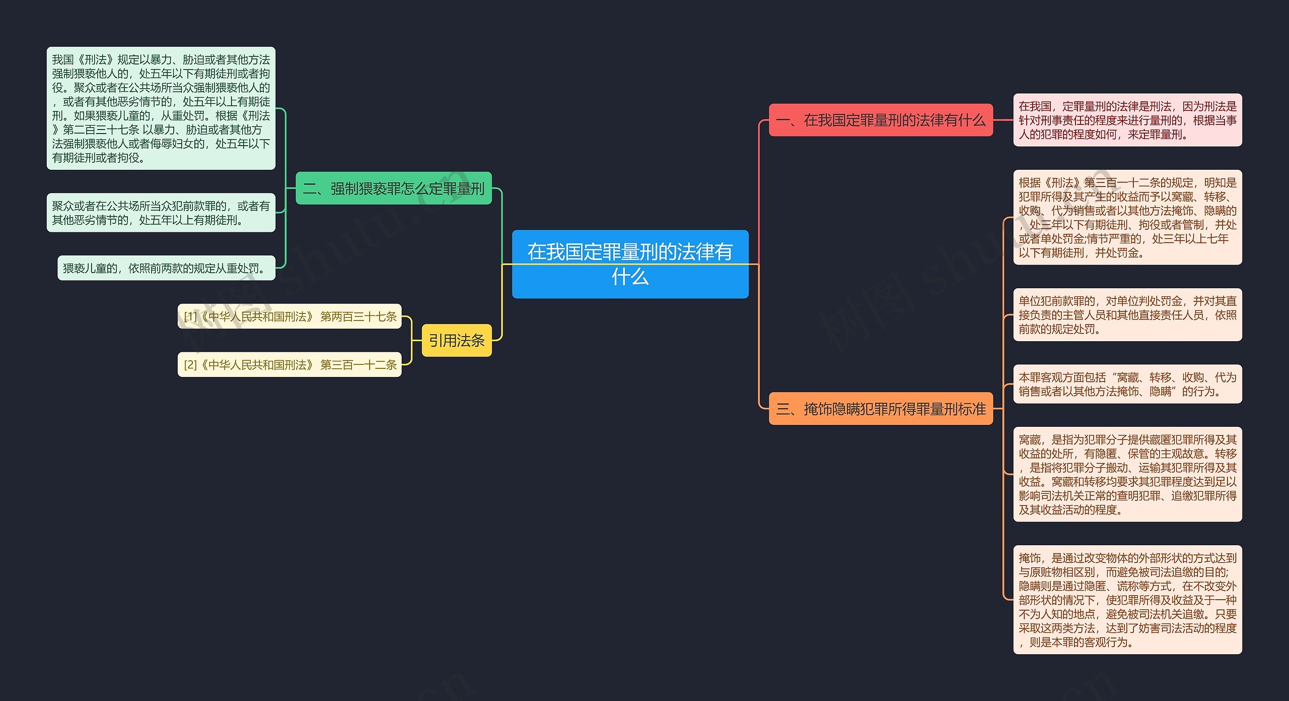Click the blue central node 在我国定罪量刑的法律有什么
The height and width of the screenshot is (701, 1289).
630,264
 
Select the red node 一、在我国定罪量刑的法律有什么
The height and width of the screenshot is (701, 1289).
881,120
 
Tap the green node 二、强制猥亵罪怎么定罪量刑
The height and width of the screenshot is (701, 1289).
393,188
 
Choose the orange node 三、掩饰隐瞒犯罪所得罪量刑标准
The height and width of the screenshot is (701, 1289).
881,409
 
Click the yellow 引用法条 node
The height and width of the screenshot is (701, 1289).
457,341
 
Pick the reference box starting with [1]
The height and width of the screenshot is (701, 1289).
290,316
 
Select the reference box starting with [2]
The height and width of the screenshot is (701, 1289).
290,364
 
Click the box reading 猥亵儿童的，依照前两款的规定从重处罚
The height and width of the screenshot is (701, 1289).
166,268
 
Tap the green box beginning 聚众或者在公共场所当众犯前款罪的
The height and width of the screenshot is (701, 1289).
161,213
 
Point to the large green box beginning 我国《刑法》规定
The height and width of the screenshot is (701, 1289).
161,108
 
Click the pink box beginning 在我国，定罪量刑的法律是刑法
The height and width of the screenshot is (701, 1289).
1127,120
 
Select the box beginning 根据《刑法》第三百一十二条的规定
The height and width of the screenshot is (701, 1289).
1127,217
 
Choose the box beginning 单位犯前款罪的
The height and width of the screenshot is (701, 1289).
1127,315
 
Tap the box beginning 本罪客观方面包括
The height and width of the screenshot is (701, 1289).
1127,384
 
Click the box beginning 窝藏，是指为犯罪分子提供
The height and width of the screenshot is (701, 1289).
1127,474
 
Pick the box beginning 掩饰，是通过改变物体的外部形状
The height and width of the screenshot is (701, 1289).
1127,600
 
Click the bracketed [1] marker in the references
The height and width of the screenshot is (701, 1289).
190,316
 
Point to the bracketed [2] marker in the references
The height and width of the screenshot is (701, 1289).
190,365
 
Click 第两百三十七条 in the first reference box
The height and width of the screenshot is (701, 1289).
359,316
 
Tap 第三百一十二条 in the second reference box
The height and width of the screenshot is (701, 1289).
359,365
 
